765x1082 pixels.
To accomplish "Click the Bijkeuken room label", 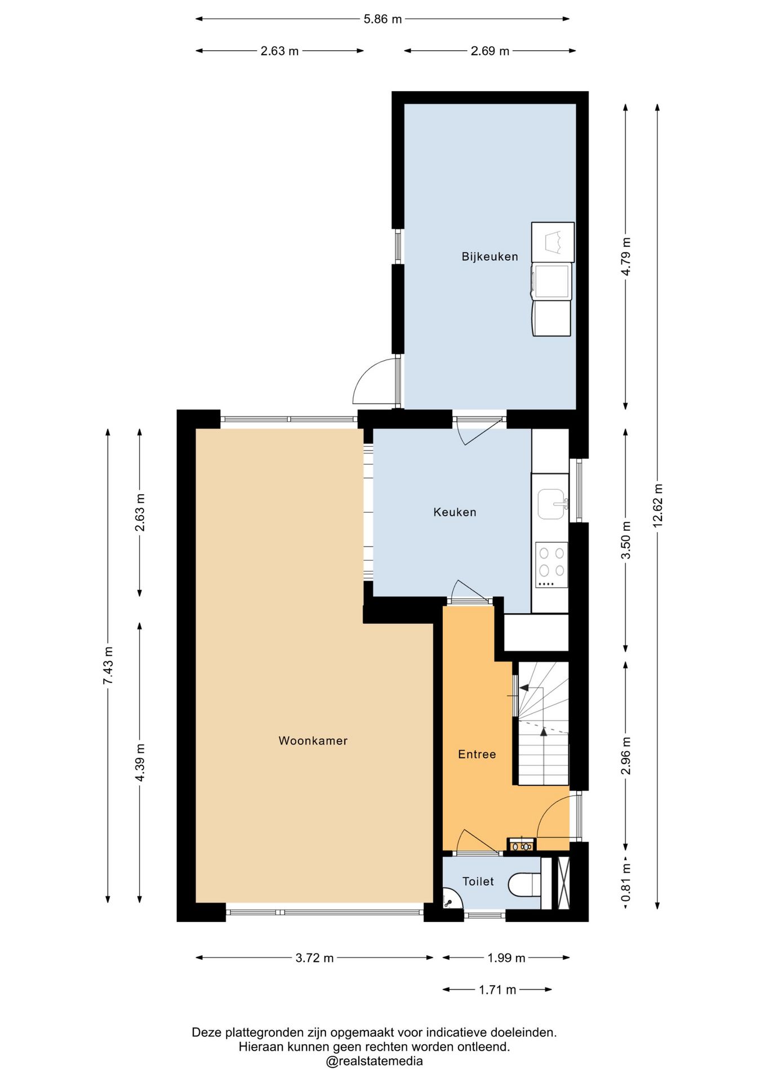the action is (490, 257).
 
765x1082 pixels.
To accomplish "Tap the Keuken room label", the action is (455, 512).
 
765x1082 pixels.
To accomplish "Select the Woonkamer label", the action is (313, 740).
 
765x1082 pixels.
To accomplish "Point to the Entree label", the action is (477, 754).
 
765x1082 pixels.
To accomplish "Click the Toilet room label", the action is (478, 881).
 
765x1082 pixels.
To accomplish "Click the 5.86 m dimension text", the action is (382, 19).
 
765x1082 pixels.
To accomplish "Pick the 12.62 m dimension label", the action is (657, 505).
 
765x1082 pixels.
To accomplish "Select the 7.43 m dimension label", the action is (108, 666).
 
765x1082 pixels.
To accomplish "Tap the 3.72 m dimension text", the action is (314, 958).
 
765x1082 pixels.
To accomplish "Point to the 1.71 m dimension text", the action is (497, 990).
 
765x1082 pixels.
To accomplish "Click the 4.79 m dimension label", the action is (626, 256).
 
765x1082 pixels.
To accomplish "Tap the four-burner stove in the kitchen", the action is (551, 565).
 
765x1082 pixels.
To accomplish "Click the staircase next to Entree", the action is (543, 724).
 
